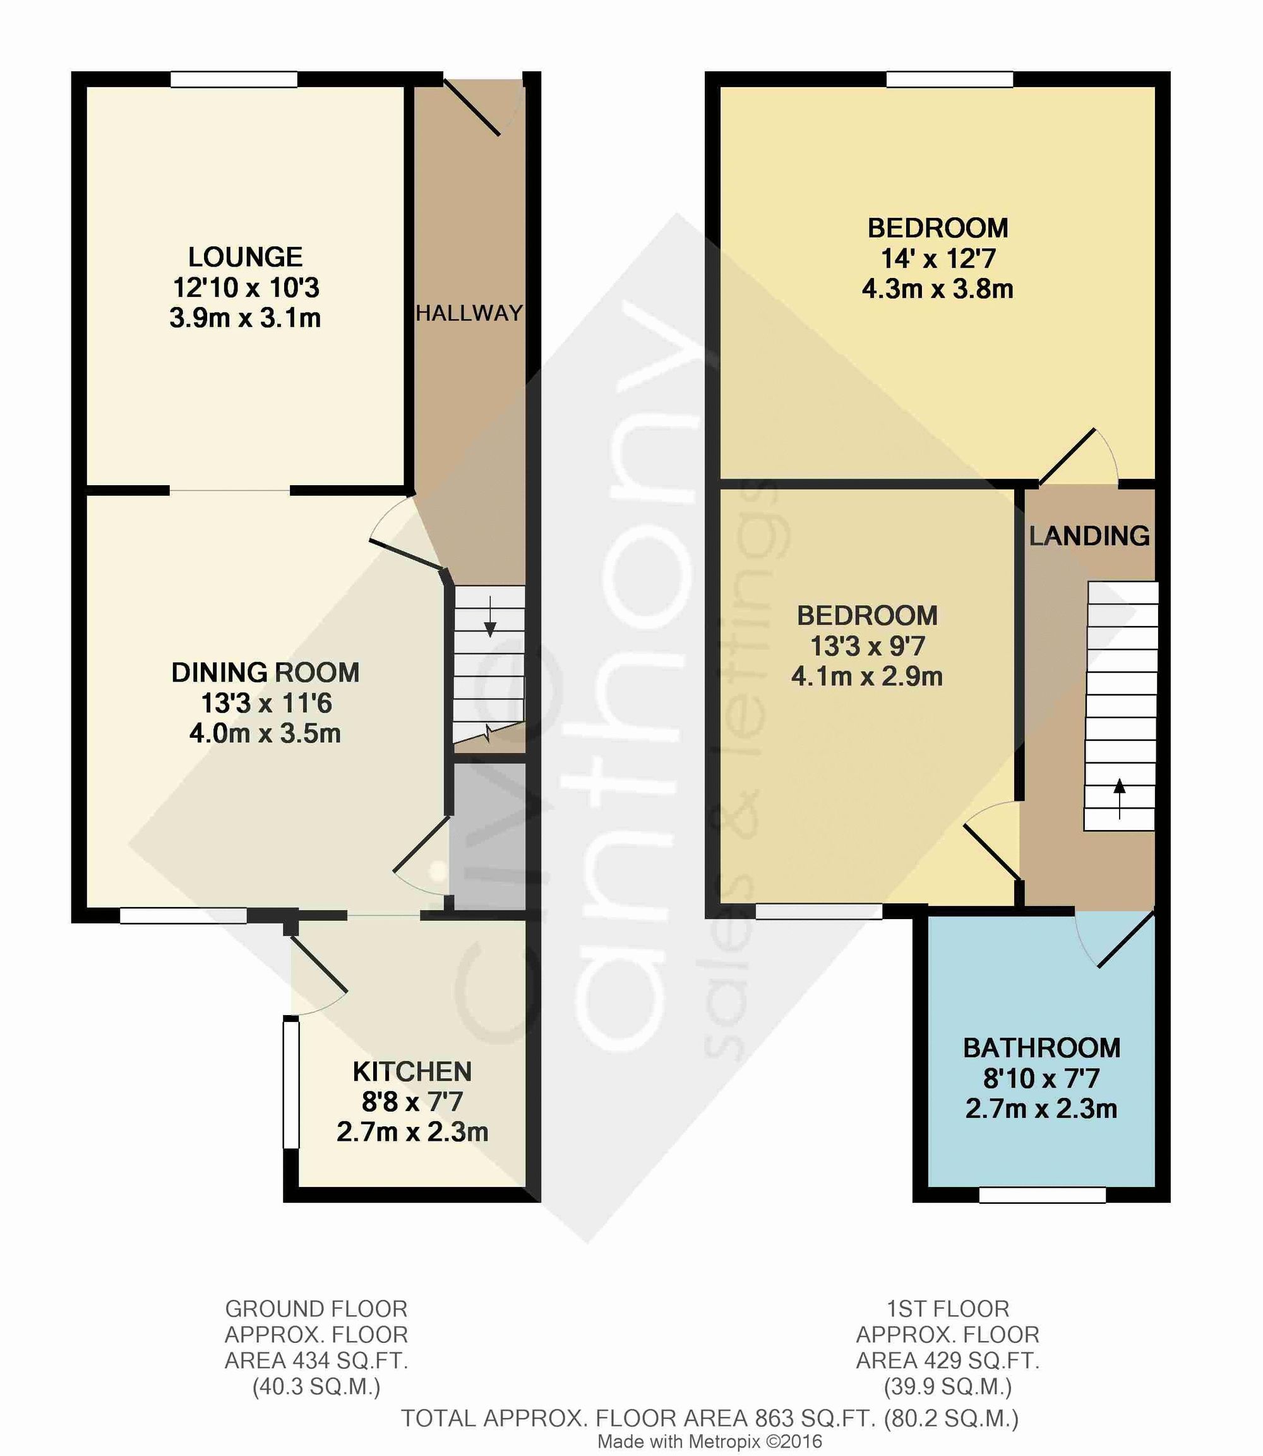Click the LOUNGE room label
(245, 256)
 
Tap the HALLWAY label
(469, 313)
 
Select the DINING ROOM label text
(266, 673)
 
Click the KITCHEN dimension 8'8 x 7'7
(412, 1102)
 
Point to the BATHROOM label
(1042, 1048)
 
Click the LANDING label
(1089, 536)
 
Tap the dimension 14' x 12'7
(938, 259)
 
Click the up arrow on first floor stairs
(1119, 797)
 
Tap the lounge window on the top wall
(234, 79)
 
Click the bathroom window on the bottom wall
(1042, 1195)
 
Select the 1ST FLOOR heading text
(947, 1309)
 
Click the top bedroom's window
(949, 79)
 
